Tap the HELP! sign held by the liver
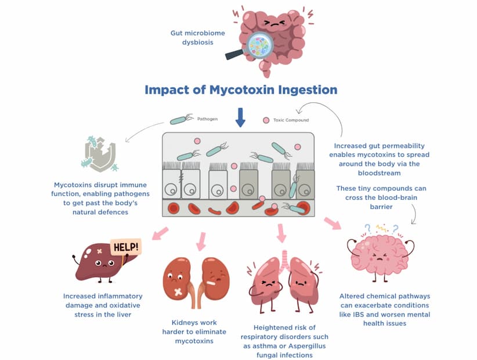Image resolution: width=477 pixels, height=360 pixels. pyautogui.click(x=126, y=247)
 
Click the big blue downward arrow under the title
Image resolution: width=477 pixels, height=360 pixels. pyautogui.click(x=240, y=117)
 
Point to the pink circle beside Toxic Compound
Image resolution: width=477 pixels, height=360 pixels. pyautogui.click(x=266, y=120)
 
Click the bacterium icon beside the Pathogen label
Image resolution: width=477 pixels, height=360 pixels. pyautogui.click(x=179, y=120)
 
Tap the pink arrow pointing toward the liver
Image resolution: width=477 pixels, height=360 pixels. pyautogui.click(x=160, y=233)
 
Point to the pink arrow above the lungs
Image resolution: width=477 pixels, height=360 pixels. pyautogui.click(x=282, y=232)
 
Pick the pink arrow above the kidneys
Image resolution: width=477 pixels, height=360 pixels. pyautogui.click(x=201, y=240)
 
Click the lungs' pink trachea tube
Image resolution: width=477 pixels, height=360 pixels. pyautogui.click(x=284, y=258)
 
